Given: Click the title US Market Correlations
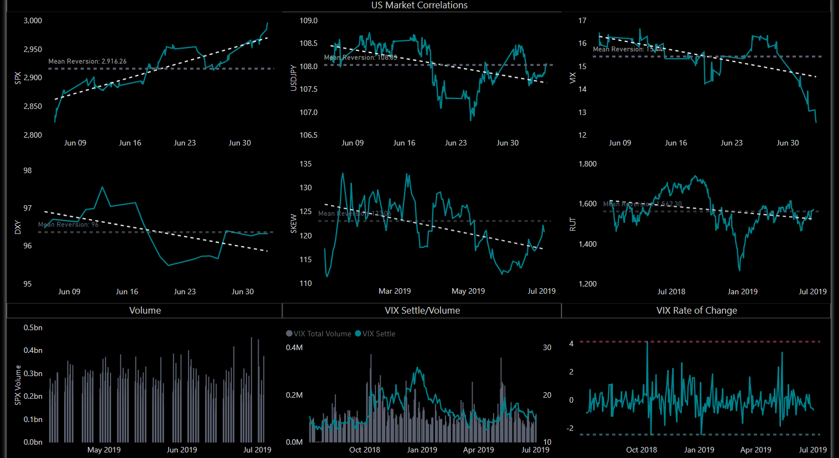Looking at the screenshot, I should (x=419, y=6).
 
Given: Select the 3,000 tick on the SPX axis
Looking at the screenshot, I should (x=33, y=21).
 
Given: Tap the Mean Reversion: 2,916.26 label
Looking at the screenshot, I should (x=87, y=61).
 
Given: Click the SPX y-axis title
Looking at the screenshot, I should (x=18, y=77).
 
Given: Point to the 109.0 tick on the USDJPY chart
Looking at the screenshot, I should (x=308, y=21).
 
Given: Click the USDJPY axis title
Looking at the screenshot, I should (x=293, y=77).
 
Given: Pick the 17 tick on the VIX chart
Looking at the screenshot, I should (x=583, y=21).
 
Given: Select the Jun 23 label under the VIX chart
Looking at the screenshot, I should (x=731, y=143).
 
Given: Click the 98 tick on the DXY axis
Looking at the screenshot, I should (x=28, y=171).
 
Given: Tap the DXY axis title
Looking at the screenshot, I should (x=18, y=227).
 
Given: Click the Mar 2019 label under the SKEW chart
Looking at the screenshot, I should (x=395, y=292).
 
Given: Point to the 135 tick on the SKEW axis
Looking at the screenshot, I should (x=306, y=164).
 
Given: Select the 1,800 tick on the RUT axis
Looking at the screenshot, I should (x=588, y=164).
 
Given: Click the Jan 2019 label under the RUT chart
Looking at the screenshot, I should (x=742, y=292).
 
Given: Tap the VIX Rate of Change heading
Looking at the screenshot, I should (x=696, y=310).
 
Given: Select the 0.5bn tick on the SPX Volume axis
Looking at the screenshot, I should (x=33, y=328).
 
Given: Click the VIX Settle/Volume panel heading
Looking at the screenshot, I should (x=422, y=310).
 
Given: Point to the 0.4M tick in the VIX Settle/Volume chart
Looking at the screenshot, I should (x=294, y=348).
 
